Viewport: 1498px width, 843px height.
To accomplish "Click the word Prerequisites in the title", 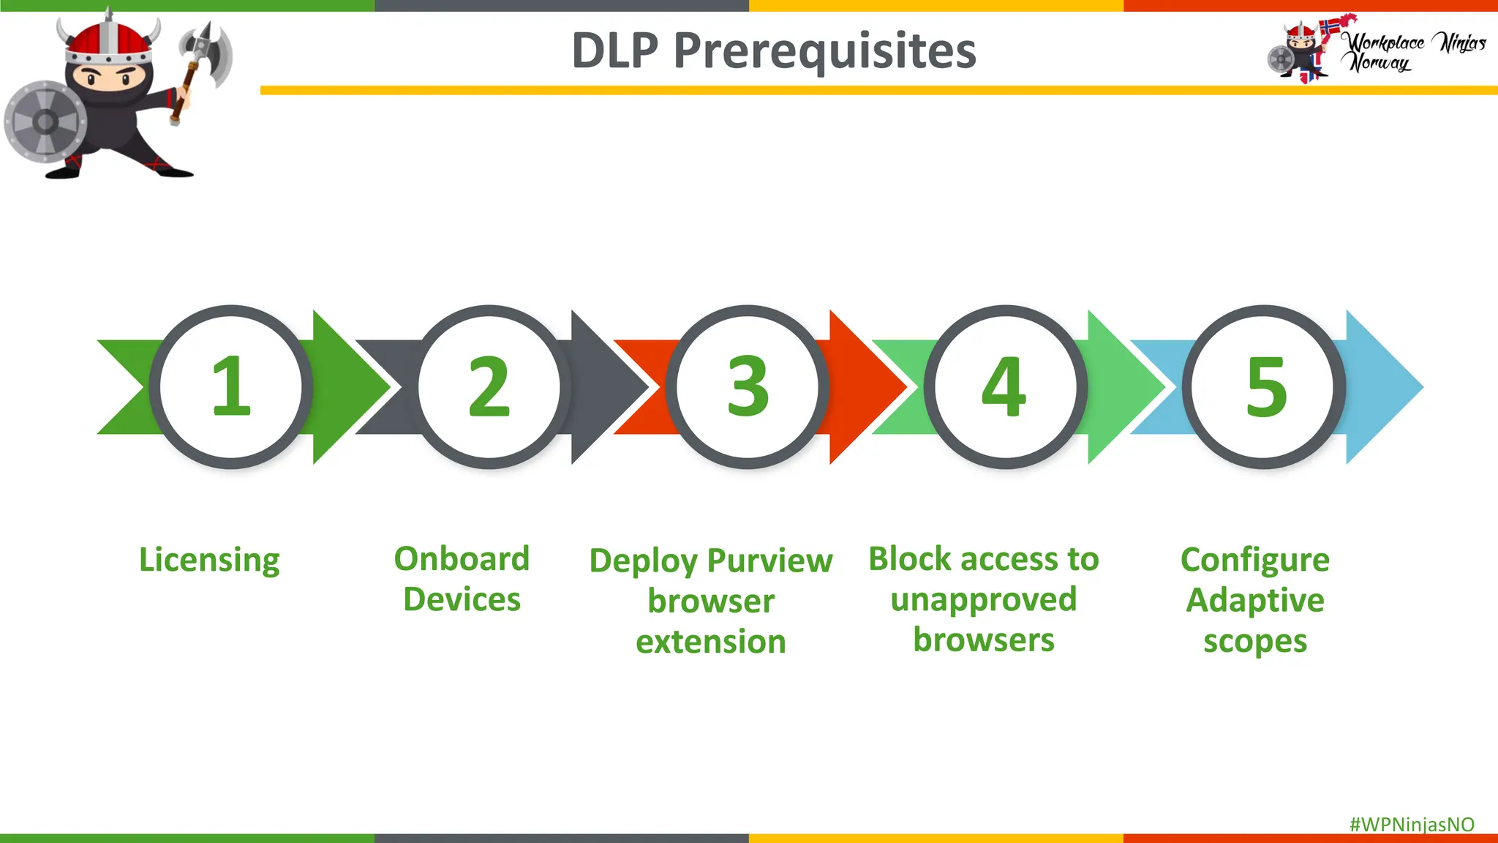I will (824, 51).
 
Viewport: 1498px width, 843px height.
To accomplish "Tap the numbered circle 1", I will (231, 386).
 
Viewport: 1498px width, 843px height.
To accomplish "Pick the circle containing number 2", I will (489, 386).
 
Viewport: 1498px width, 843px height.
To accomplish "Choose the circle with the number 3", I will (748, 386).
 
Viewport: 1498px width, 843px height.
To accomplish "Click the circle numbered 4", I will (1006, 386).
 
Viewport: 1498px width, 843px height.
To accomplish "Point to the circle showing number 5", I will (1264, 386).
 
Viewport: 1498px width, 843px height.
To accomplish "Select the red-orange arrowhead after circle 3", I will (867, 386).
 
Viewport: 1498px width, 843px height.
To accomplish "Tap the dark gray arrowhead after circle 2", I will (607, 386).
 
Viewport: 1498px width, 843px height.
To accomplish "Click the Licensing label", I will (209, 561).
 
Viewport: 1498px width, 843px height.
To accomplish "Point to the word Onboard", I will (462, 559).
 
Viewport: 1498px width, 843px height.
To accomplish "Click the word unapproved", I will (983, 600).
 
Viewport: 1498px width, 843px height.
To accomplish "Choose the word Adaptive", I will (1255, 600).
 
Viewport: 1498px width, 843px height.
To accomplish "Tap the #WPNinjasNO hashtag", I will (1412, 825).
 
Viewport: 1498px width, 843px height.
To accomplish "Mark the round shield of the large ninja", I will (44, 121).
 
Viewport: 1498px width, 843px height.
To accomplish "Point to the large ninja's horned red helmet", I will (110, 40).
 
